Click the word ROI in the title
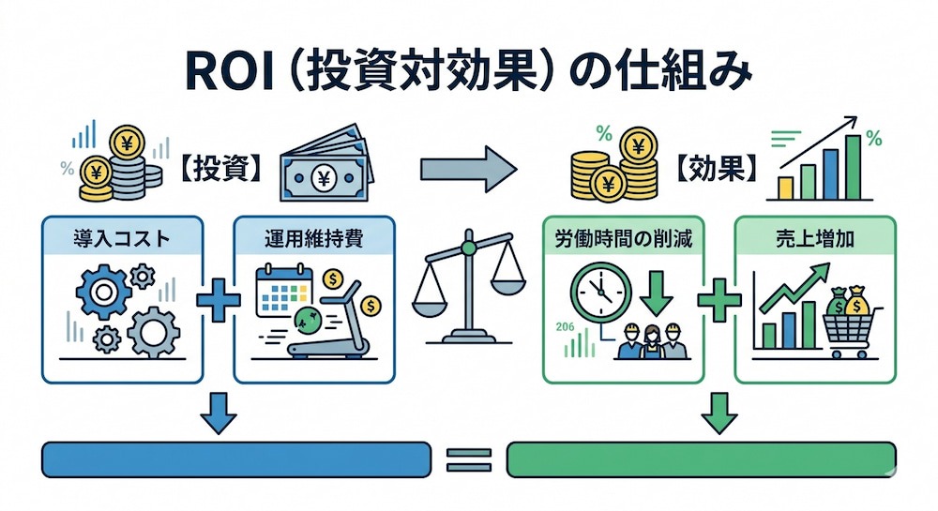[230, 71]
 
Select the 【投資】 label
[220, 170]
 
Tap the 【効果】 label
[716, 169]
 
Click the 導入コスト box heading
[122, 239]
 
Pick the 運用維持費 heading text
[314, 239]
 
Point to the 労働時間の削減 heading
[624, 239]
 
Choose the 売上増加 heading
[815, 239]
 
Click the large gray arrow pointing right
[468, 169]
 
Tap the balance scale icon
[469, 287]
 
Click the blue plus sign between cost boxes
[219, 299]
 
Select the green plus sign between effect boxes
[719, 299]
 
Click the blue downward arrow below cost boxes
[218, 413]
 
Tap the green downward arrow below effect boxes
[719, 413]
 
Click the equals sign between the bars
[469, 460]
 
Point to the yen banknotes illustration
[326, 162]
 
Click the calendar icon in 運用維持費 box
[284, 291]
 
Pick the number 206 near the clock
[565, 326]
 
